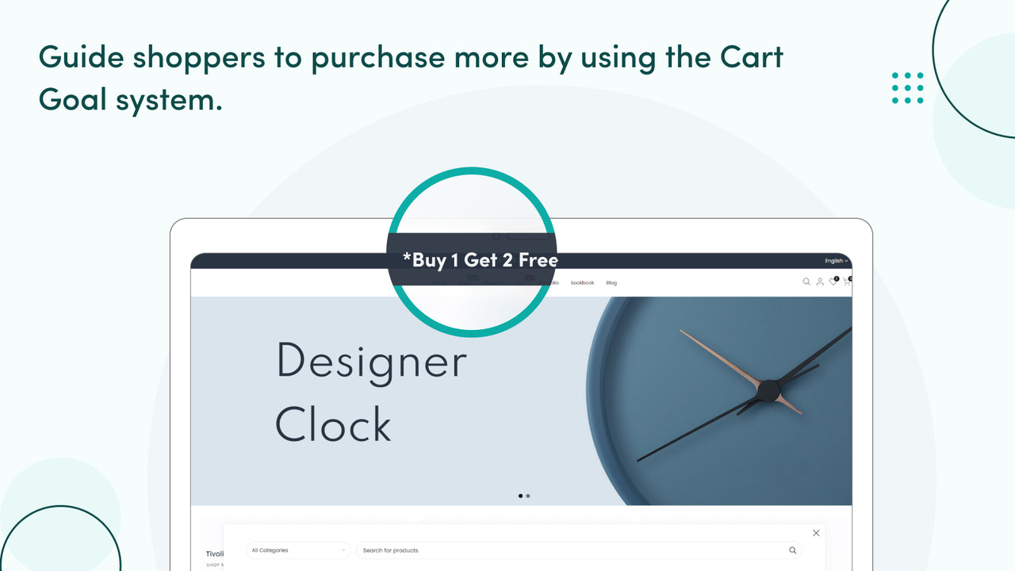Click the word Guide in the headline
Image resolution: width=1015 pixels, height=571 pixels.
point(80,58)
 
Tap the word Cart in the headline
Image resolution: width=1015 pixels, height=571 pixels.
point(752,58)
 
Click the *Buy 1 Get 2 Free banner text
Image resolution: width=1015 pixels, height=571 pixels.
point(480,260)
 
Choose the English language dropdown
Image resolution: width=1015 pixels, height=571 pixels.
point(836,261)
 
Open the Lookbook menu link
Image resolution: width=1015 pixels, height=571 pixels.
point(582,283)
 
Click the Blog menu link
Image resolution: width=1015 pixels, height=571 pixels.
point(611,283)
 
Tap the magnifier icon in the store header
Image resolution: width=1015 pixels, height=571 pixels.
point(806,282)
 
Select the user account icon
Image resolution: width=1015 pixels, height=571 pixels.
point(820,282)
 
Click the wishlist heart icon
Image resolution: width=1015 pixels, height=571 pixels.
point(833,282)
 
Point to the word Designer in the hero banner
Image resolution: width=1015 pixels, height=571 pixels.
point(371,362)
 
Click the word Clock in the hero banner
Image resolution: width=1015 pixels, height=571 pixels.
point(333,424)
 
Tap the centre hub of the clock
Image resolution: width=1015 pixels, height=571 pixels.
point(768,390)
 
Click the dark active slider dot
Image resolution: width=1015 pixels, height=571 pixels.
point(520,496)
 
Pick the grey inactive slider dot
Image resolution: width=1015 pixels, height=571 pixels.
point(528,496)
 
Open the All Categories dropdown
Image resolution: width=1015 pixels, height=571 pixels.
point(299,550)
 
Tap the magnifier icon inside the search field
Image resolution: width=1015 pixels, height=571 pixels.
point(792,550)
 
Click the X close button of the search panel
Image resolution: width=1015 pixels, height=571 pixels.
point(816,533)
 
